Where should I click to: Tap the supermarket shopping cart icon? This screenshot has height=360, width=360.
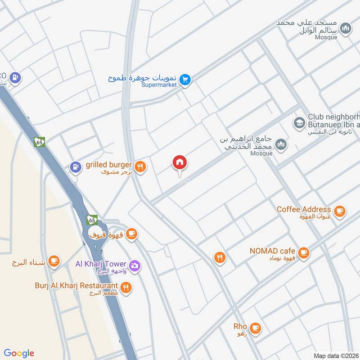pyautogui.click(x=185, y=80)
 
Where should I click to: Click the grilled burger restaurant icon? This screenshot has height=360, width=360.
pyautogui.click(x=141, y=166)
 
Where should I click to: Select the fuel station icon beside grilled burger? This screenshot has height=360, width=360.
pyautogui.click(x=75, y=166)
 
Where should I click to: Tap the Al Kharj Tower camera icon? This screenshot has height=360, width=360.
pyautogui.click(x=135, y=266)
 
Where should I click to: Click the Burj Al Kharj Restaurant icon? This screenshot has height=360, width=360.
pyautogui.click(x=126, y=287)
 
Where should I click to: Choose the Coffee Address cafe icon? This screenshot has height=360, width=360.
pyautogui.click(x=340, y=210)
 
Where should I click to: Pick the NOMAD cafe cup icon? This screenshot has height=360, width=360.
pyautogui.click(x=304, y=252)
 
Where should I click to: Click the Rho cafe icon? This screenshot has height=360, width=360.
pyautogui.click(x=255, y=328)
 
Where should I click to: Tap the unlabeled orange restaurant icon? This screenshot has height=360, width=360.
pyautogui.click(x=220, y=257)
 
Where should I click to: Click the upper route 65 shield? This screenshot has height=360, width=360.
pyautogui.click(x=39, y=142)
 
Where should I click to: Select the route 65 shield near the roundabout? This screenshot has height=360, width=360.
pyautogui.click(x=92, y=220)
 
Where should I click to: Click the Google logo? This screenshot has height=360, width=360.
pyautogui.click(x=19, y=353)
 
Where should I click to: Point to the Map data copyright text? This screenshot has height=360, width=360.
pyautogui.click(x=335, y=355)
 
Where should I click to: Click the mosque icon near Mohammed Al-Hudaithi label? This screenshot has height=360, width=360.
pyautogui.click(x=282, y=144)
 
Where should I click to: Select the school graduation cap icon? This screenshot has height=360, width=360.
pyautogui.click(x=298, y=122)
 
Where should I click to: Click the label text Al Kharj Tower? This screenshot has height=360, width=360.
pyautogui.click(x=102, y=264)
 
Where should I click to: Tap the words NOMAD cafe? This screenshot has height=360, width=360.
pyautogui.click(x=273, y=251)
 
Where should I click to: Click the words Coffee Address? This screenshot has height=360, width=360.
pyautogui.click(x=304, y=209)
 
